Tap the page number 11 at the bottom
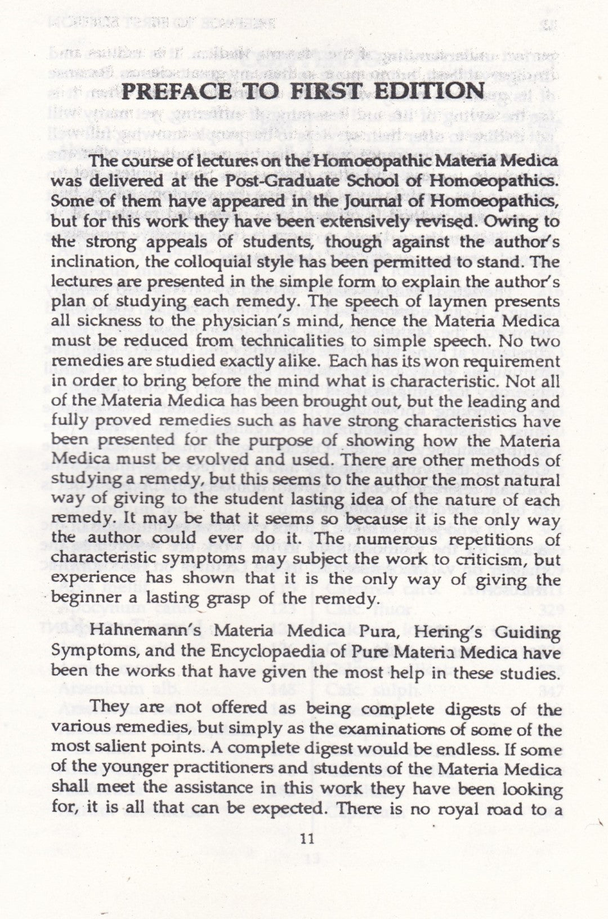(x=307, y=839)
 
